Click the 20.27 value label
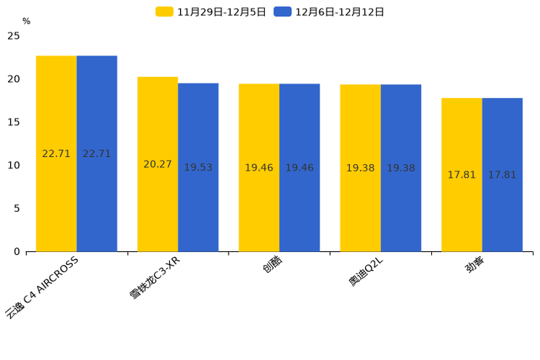(x=157, y=164)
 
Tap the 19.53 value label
(x=198, y=167)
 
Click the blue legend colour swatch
(x=282, y=12)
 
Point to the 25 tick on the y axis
(x=13, y=36)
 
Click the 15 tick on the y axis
(x=13, y=122)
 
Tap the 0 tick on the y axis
(x=17, y=252)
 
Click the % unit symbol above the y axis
(x=26, y=22)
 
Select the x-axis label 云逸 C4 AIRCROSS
(x=42, y=287)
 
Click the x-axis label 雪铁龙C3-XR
(x=154, y=278)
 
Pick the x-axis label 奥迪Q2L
(x=369, y=272)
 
